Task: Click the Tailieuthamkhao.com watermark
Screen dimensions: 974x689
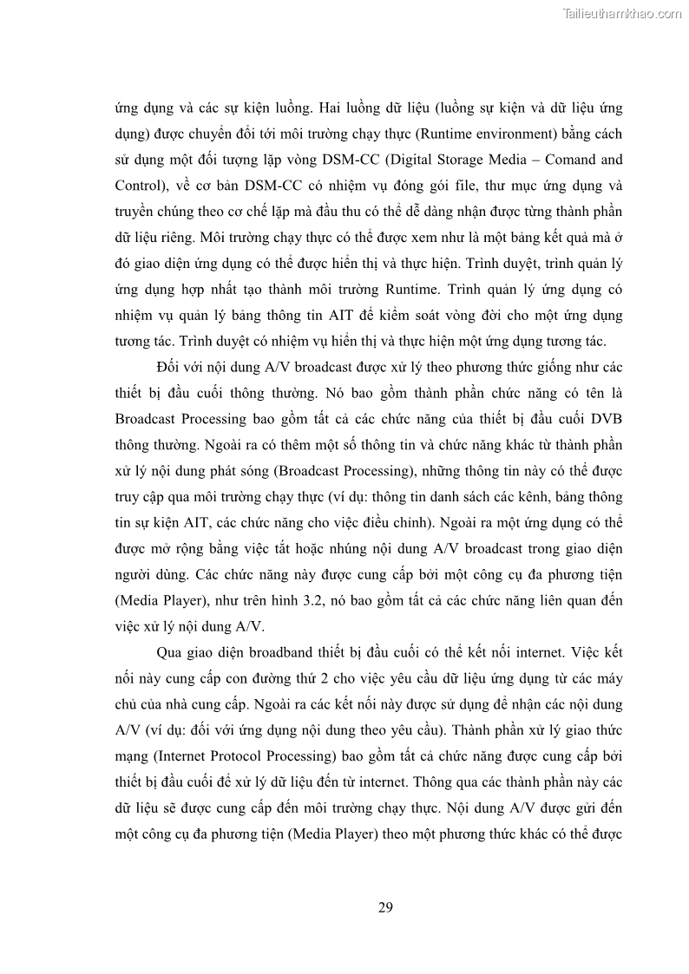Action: tap(623, 13)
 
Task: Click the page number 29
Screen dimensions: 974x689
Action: tap(386, 907)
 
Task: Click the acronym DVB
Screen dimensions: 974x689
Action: tap(605, 420)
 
